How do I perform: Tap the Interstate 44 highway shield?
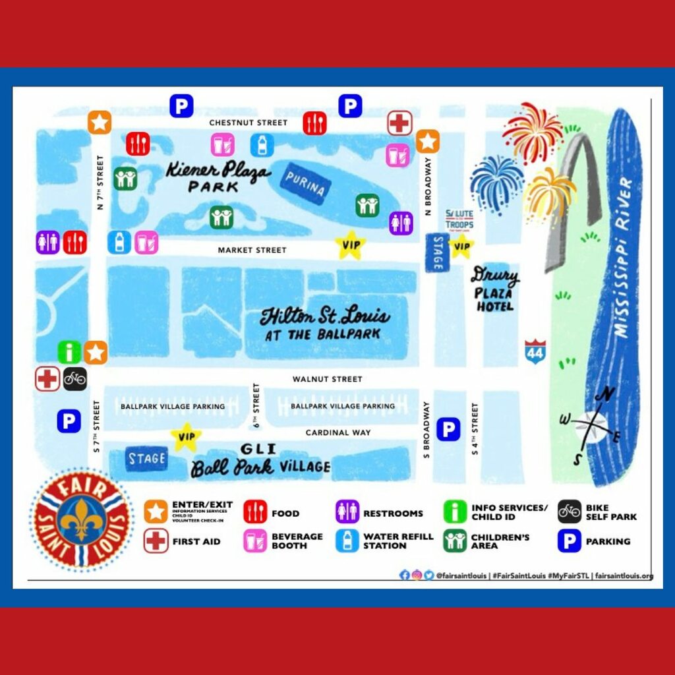535,351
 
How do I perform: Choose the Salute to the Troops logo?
459,219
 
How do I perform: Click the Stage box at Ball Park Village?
146,459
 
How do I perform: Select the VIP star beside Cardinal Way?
185,436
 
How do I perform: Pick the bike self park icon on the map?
75,379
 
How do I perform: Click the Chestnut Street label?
249,123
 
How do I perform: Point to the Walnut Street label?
328,379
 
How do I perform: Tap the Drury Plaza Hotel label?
495,291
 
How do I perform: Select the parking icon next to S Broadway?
448,430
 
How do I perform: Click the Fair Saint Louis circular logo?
82,520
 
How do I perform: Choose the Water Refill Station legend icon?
347,541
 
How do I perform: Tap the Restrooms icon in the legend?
347,512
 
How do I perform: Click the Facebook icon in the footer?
405,575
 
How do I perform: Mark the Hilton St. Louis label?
324,324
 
